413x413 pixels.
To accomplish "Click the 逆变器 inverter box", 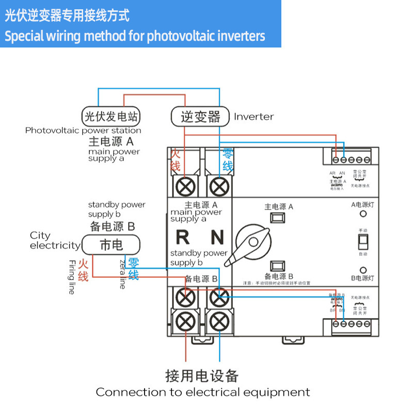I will pyautogui.click(x=200, y=116).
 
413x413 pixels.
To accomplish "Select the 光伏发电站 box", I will pyautogui.click(x=112, y=115).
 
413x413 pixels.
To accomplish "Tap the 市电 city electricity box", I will pyautogui.click(x=111, y=244).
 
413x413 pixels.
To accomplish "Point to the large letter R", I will pyautogui.click(x=183, y=237).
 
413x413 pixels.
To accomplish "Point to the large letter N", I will pyautogui.click(x=217, y=237).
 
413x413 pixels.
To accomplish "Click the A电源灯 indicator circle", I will pyautogui.click(x=363, y=214).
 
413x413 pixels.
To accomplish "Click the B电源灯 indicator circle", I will pyautogui.click(x=363, y=270).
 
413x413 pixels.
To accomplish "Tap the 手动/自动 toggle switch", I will pyautogui.click(x=362, y=242).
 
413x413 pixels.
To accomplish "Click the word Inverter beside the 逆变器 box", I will pyautogui.click(x=253, y=117).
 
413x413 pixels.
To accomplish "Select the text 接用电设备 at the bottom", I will pyautogui.click(x=202, y=375).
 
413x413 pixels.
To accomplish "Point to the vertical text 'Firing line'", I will pyautogui.click(x=72, y=277).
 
